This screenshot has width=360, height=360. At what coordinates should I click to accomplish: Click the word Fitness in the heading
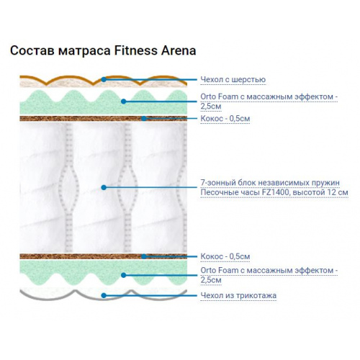[136, 50]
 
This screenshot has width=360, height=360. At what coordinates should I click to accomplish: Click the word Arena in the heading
[179, 51]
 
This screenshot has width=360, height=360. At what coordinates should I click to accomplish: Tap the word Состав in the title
[32, 51]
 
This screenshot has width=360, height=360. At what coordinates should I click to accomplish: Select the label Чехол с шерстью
[233, 79]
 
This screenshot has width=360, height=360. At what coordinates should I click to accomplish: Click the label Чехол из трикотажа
[238, 295]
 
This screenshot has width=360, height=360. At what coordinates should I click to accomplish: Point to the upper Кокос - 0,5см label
[225, 118]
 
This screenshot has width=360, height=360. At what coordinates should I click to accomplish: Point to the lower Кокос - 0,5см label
[225, 256]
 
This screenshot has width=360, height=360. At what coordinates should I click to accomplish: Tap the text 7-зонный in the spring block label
[218, 183]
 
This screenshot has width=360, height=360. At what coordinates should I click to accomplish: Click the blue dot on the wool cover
[104, 79]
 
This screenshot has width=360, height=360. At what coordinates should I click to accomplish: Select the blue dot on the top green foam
[124, 102]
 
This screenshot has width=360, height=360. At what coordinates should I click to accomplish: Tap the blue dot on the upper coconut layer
[144, 118]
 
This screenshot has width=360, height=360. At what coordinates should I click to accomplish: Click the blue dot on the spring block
[104, 187]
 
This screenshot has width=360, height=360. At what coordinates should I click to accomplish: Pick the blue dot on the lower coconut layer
[144, 256]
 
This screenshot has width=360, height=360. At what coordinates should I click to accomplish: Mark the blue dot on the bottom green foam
[124, 275]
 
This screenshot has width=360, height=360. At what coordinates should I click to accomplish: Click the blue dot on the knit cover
[104, 295]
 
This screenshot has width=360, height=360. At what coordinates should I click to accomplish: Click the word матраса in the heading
[84, 51]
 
